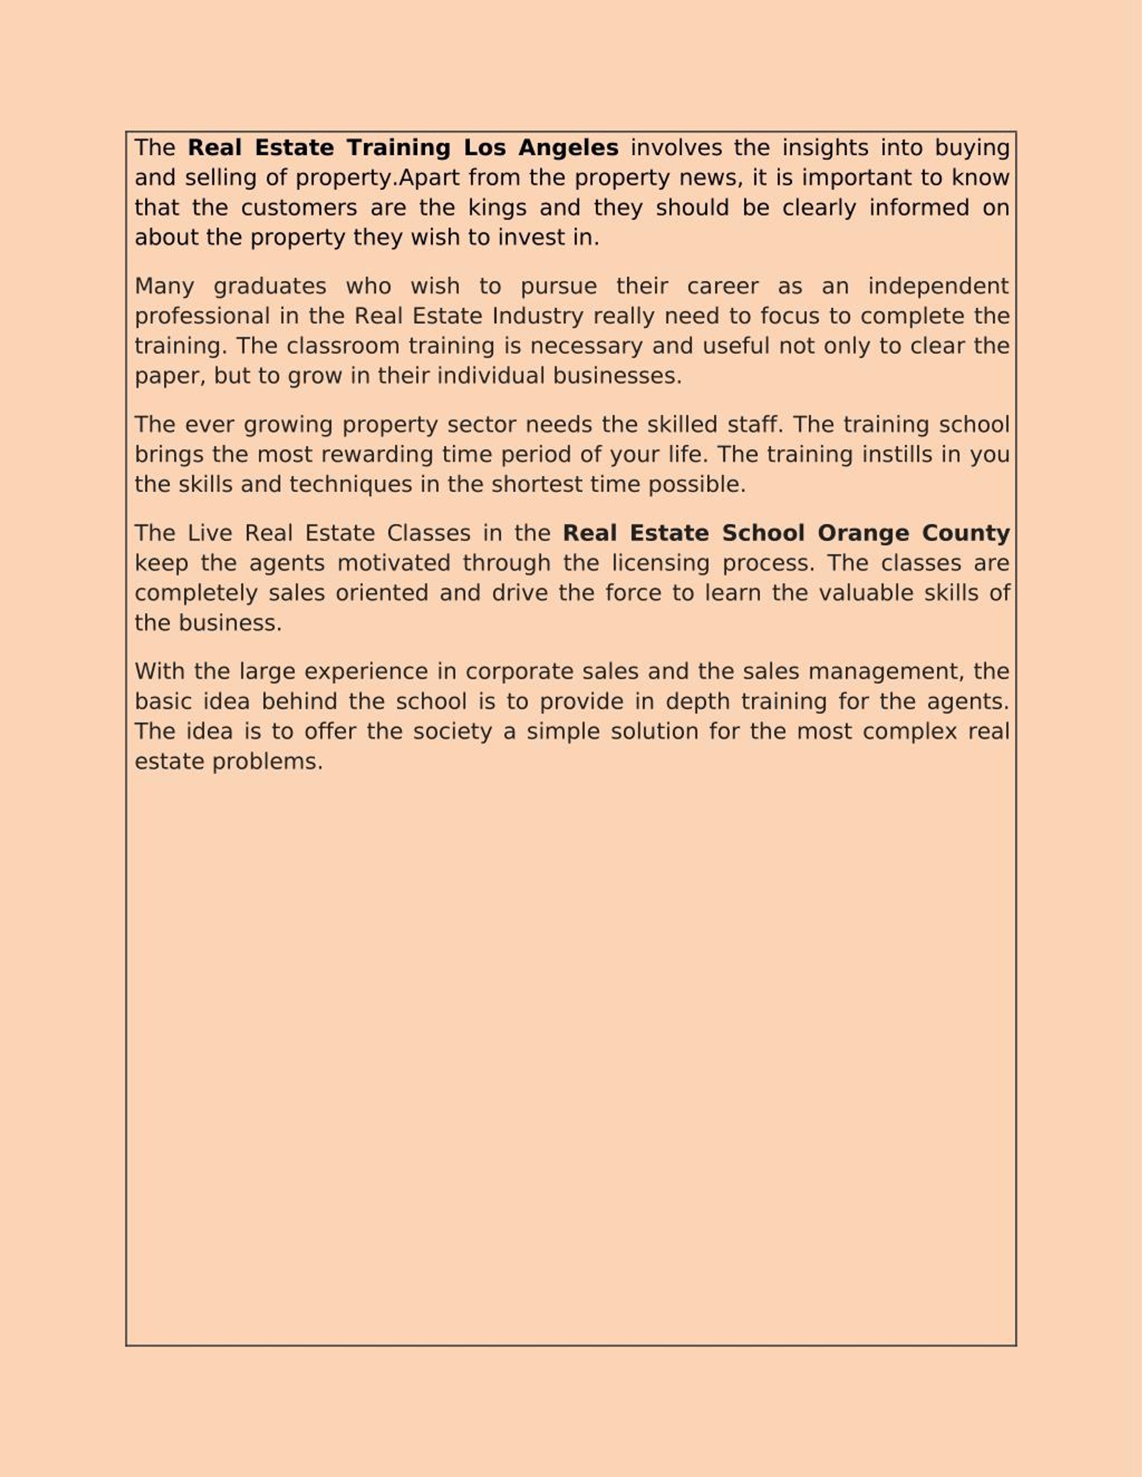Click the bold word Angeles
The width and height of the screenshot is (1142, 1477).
pyautogui.click(x=568, y=148)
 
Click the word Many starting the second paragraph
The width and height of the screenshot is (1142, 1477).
pyautogui.click(x=165, y=286)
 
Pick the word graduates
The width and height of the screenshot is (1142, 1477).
pyautogui.click(x=270, y=286)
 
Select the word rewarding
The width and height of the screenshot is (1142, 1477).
pyautogui.click(x=377, y=454)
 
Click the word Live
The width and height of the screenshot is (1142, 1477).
pyautogui.click(x=210, y=533)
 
